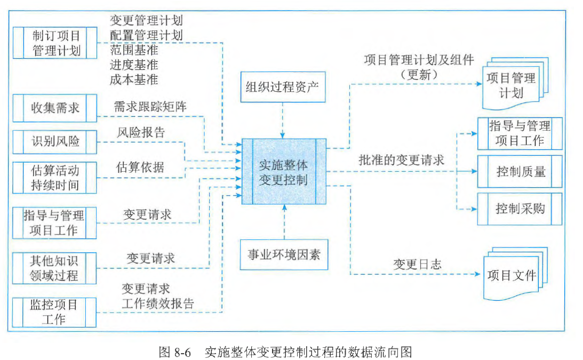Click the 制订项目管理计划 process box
(x=54, y=43)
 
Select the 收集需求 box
(x=54, y=108)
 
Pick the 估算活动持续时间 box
(x=54, y=178)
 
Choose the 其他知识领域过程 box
(x=54, y=268)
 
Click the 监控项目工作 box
(x=54, y=312)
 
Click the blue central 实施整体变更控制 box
(x=283, y=171)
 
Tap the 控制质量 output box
(x=520, y=172)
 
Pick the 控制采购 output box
(x=520, y=209)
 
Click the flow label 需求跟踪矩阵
(x=150, y=107)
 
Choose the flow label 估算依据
(x=140, y=167)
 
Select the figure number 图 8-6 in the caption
(x=175, y=351)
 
